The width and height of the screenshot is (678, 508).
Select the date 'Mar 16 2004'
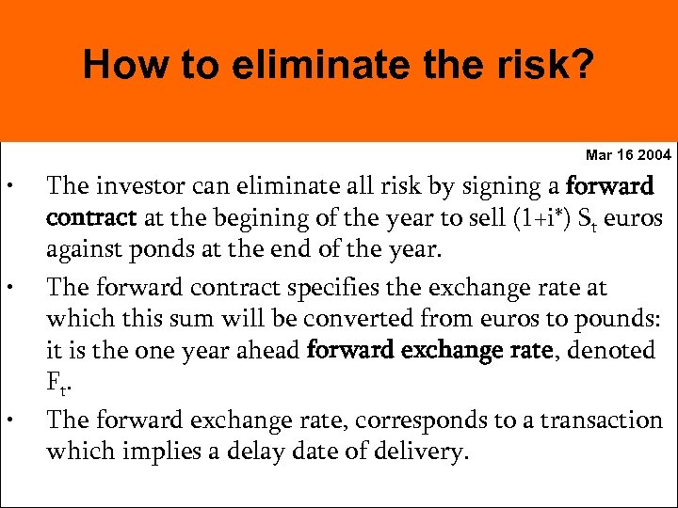pos(628,154)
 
